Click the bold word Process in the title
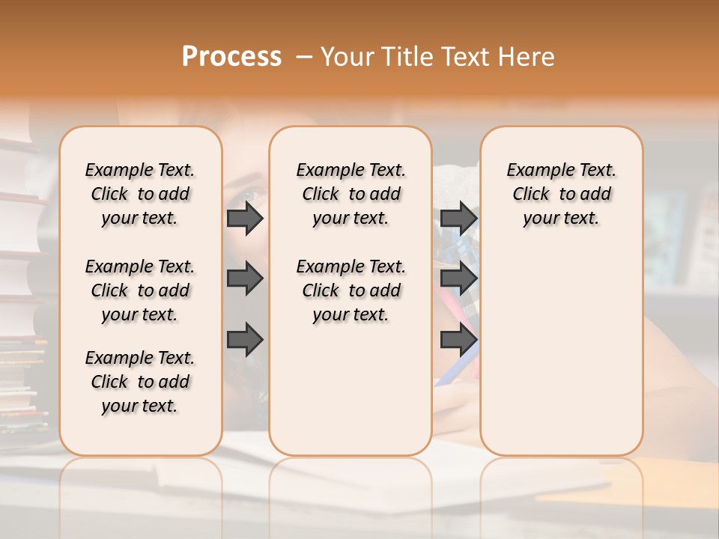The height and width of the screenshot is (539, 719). (231, 56)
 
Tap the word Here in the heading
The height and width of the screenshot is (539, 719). (527, 57)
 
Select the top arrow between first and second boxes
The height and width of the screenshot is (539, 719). (245, 218)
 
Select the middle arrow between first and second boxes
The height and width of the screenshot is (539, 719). (245, 278)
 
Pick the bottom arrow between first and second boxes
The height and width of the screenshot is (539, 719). (245, 340)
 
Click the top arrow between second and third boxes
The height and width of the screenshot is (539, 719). (458, 218)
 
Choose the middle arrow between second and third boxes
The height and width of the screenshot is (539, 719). (458, 278)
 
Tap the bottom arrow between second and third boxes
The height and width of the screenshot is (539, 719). (458, 340)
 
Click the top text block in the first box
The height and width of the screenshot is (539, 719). (140, 194)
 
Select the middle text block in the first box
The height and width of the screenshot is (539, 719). (140, 290)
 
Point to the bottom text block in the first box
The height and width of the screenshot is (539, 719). (140, 382)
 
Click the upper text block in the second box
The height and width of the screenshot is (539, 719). (351, 194)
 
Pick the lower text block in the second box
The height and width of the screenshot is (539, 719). (351, 290)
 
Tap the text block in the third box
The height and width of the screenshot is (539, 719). (562, 194)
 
